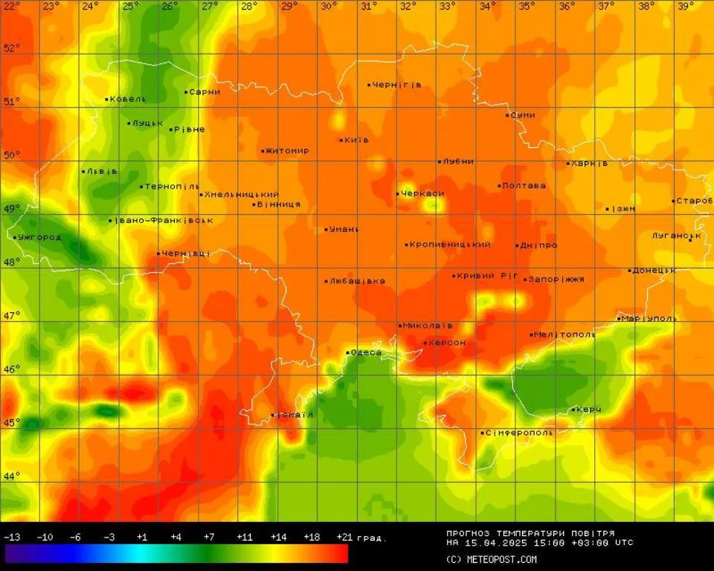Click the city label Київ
(356, 140)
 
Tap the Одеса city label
(367, 352)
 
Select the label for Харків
(590, 163)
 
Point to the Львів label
(101, 171)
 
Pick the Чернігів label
(397, 85)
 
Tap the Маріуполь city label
(649, 318)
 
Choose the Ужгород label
(39, 237)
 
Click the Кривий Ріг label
(488, 275)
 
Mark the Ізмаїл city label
(295, 414)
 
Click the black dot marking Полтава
(500, 186)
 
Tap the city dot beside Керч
(573, 410)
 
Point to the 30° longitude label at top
(329, 6)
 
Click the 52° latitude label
(12, 48)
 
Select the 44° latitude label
(12, 477)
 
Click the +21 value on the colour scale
(344, 537)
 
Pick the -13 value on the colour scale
(11, 537)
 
